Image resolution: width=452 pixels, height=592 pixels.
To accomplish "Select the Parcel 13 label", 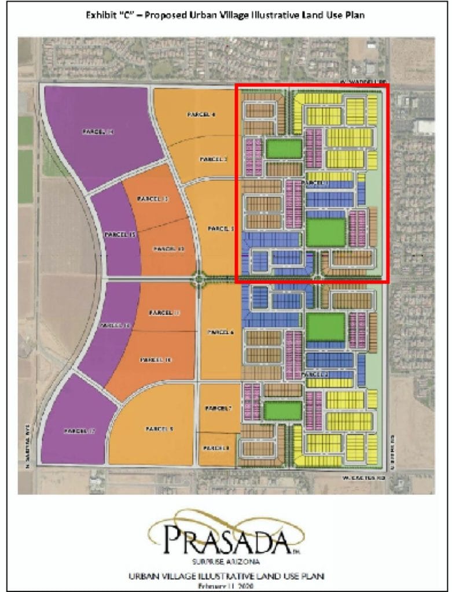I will tap(152, 199).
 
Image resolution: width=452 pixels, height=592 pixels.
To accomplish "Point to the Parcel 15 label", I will tap(120, 235).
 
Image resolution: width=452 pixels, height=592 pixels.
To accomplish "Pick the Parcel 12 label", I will tap(168, 249).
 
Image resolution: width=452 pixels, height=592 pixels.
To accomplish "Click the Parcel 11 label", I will tap(165, 313).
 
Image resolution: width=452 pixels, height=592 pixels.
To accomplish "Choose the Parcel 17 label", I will tap(79, 431).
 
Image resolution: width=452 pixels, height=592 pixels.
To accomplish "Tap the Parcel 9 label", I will tap(156, 428).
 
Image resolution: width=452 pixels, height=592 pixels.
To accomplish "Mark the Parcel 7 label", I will tap(218, 409).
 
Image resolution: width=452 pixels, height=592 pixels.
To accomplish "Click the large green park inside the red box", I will tap(325, 232).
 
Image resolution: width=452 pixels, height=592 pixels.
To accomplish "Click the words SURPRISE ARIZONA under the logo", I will tap(225, 560).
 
